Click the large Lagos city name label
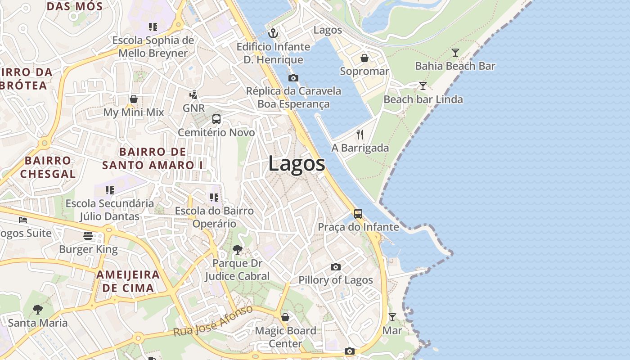tap(297, 164)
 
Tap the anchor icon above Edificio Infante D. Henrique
tap(273, 33)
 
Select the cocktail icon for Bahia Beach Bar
tap(455, 53)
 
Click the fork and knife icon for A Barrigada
tap(360, 134)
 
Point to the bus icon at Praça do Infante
tap(358, 213)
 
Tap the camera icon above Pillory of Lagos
tap(335, 267)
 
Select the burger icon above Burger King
tap(88, 235)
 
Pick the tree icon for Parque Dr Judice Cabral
tap(237, 249)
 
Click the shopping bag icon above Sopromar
tap(364, 58)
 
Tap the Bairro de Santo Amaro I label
tap(153, 158)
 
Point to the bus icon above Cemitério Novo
tap(216, 119)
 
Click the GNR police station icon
tap(193, 94)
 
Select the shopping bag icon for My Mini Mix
tap(134, 99)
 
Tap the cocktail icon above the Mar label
tap(392, 317)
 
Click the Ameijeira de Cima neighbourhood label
tap(128, 281)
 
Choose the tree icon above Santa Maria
tap(38, 309)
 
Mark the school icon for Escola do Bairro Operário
tap(214, 197)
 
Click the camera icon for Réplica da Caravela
tap(293, 78)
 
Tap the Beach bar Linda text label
tap(423, 99)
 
